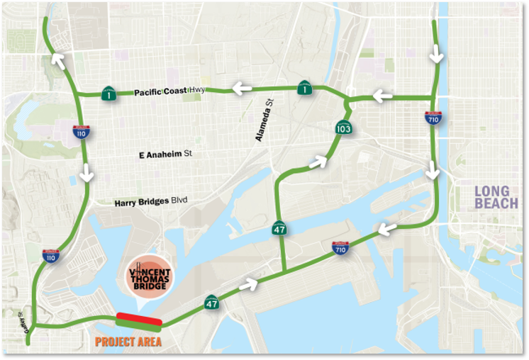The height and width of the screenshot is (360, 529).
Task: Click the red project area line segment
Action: [x=139, y=320]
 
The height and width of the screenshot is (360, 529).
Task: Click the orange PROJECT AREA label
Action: [x=128, y=342]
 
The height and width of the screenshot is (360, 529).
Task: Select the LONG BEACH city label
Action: [x=496, y=198]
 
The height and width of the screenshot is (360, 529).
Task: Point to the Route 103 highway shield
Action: [x=343, y=128]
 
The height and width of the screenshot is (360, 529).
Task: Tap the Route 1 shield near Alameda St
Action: [x=304, y=88]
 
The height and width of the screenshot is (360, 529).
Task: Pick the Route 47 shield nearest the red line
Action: [x=212, y=303]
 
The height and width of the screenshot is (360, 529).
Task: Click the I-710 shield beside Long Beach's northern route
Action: [x=432, y=118]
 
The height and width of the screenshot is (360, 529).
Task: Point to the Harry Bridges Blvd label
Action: [x=151, y=202]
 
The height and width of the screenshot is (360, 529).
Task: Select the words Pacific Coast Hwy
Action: [x=169, y=91]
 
